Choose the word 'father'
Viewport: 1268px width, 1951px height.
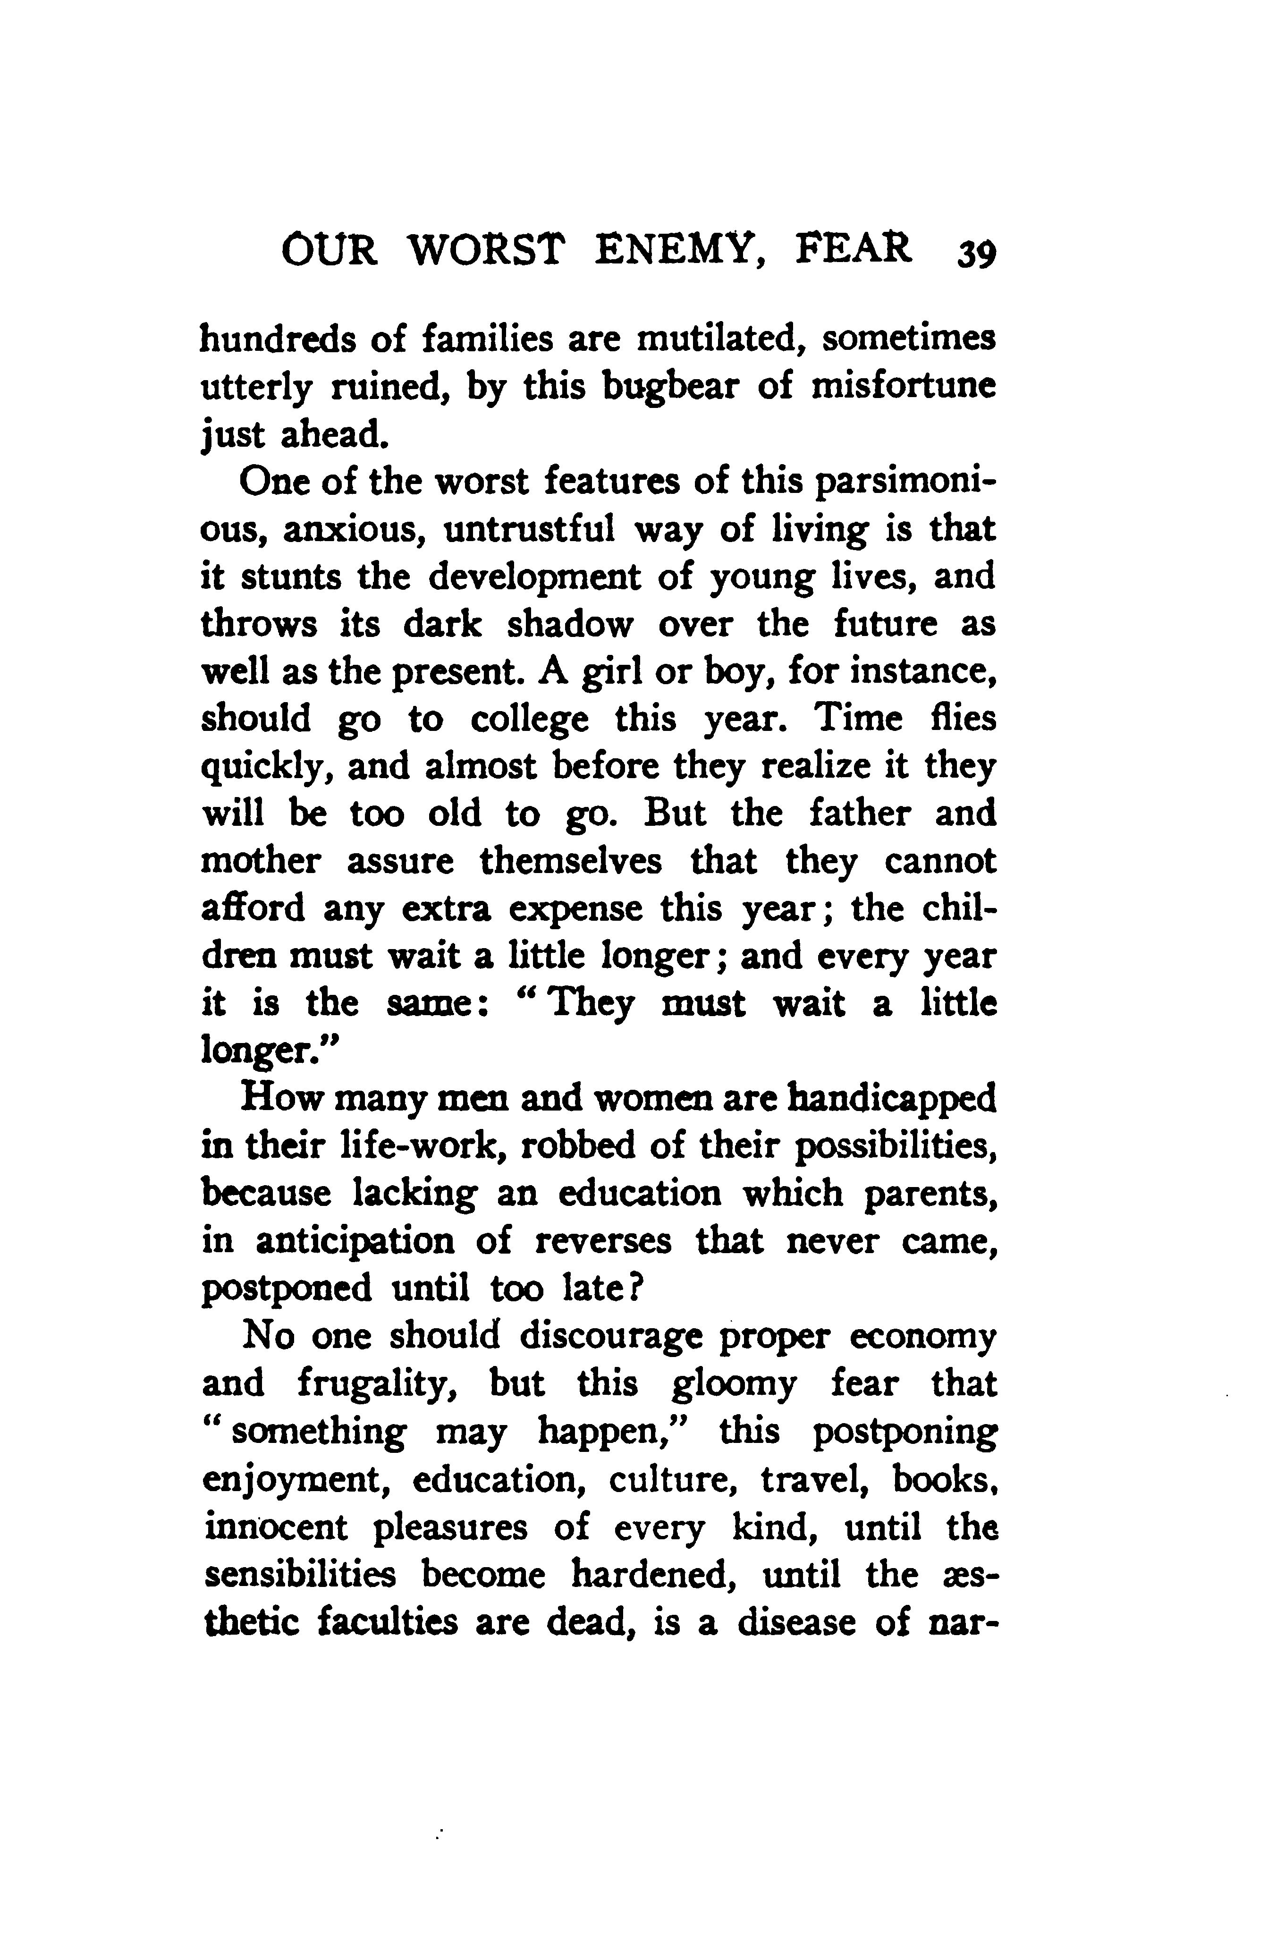click(x=860, y=814)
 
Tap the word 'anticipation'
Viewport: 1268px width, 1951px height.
click(x=355, y=1242)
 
